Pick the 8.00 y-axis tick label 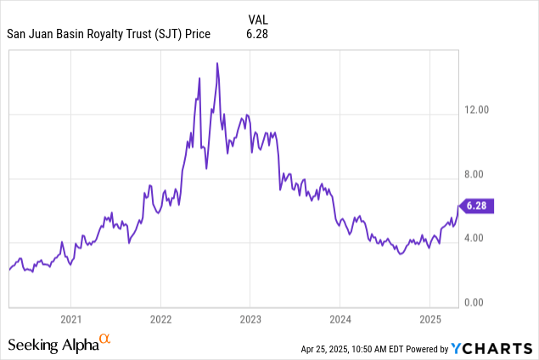tap(477, 174)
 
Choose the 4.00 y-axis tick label tap(477, 238)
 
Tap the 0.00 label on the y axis tap(477, 301)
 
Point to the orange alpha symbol tap(105, 340)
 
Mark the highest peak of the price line tap(217, 63)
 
